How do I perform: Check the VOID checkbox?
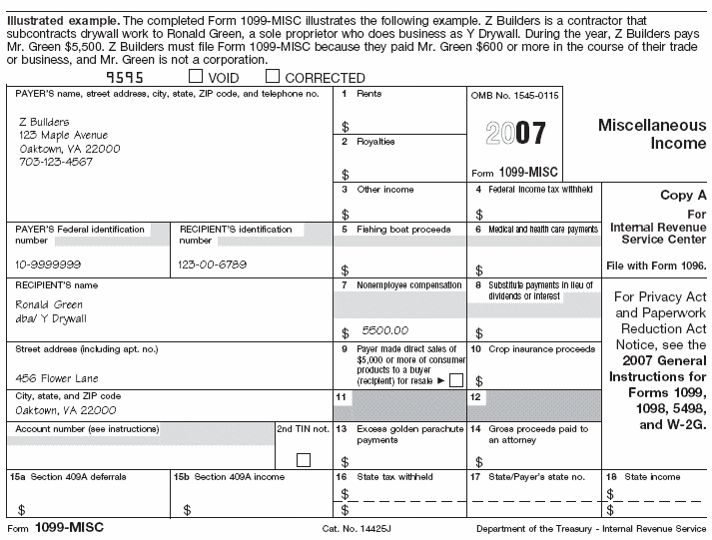[x=195, y=77]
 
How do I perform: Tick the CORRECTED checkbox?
[x=272, y=77]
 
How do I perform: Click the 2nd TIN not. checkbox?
[x=304, y=459]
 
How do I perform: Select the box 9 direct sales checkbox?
[x=455, y=380]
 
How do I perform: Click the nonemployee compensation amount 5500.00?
[x=384, y=329]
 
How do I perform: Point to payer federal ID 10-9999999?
[x=48, y=265]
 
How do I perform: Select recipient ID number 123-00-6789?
[x=213, y=265]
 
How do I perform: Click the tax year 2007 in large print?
[x=515, y=133]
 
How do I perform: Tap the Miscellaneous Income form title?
[x=651, y=135]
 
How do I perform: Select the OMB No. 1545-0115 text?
[x=515, y=93]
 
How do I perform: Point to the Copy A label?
[x=683, y=196]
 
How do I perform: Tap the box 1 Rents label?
[x=369, y=93]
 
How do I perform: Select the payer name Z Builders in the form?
[x=45, y=121]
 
